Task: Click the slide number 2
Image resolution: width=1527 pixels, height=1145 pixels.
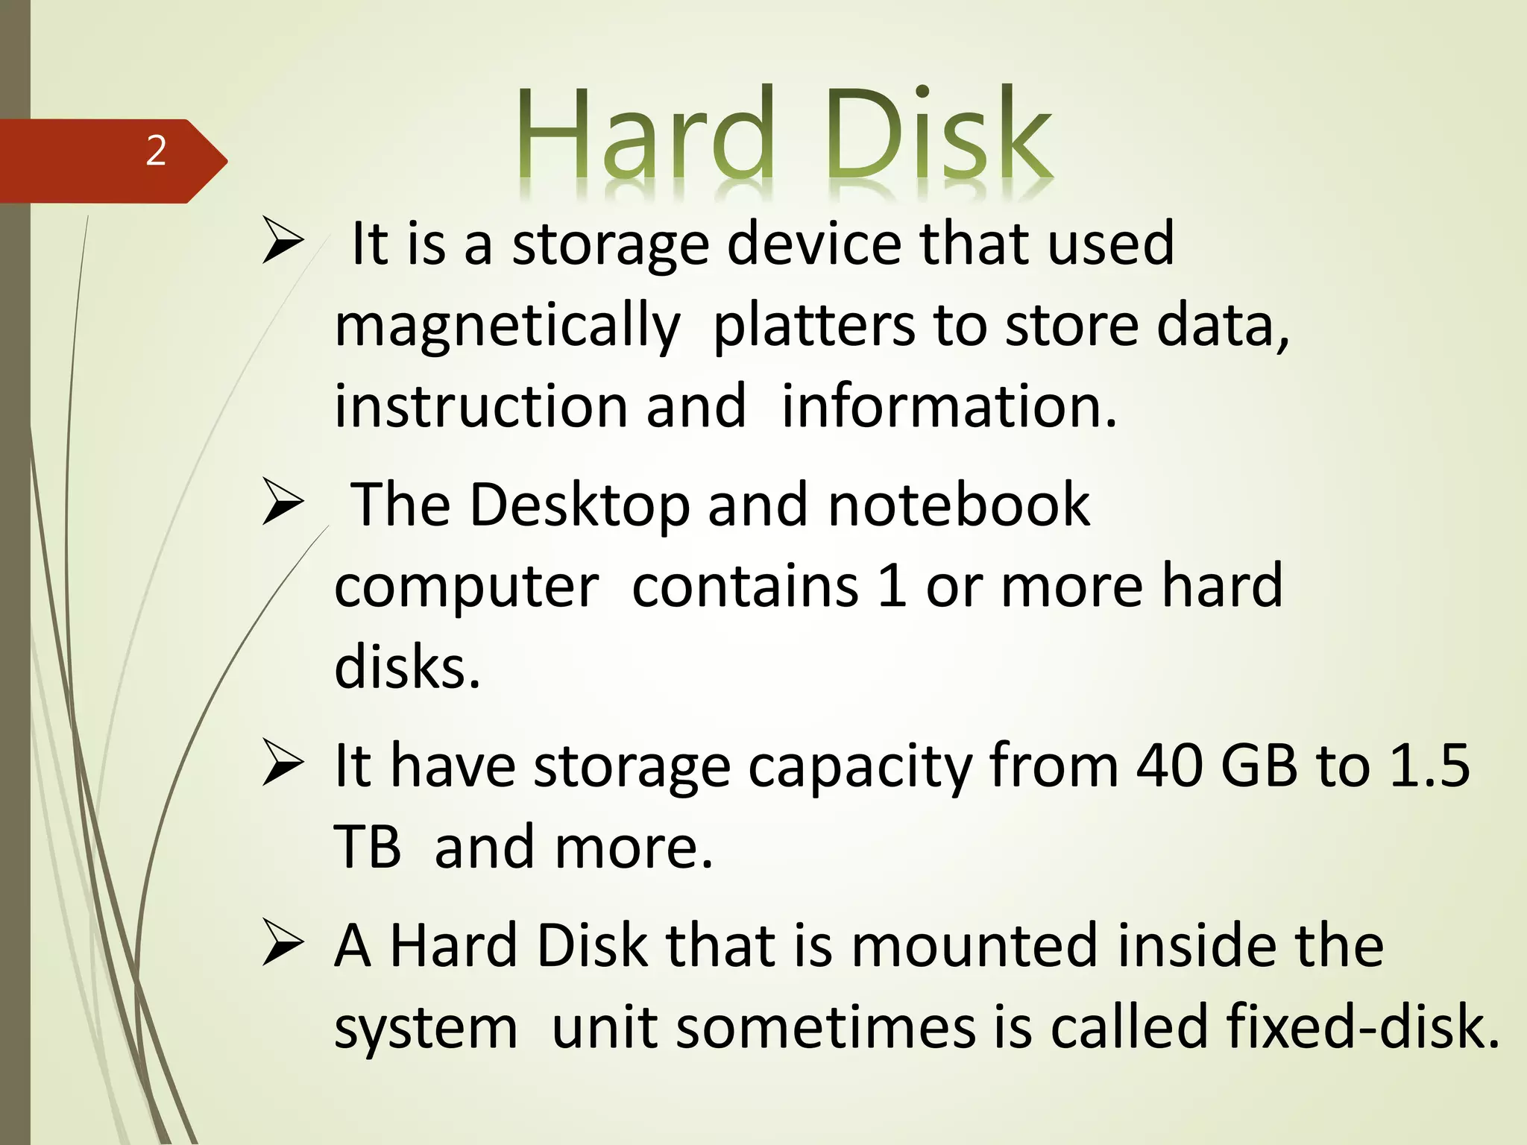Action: click(156, 151)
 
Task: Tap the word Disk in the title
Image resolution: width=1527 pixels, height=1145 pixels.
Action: click(937, 134)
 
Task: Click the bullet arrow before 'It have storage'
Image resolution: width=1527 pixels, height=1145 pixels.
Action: click(283, 765)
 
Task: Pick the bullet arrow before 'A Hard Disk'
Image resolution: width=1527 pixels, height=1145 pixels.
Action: click(283, 944)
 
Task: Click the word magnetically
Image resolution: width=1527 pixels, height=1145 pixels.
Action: click(507, 327)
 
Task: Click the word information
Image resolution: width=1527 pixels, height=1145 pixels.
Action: click(948, 406)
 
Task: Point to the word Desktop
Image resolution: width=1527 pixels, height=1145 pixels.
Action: click(579, 505)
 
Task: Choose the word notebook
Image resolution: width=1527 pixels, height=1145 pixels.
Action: click(959, 505)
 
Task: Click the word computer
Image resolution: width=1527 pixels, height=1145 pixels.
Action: click(466, 587)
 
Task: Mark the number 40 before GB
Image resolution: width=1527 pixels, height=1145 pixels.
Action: click(1169, 766)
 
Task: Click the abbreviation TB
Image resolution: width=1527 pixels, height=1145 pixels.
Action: click(367, 848)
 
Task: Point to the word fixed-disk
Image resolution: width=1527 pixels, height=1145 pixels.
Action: click(1362, 1027)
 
